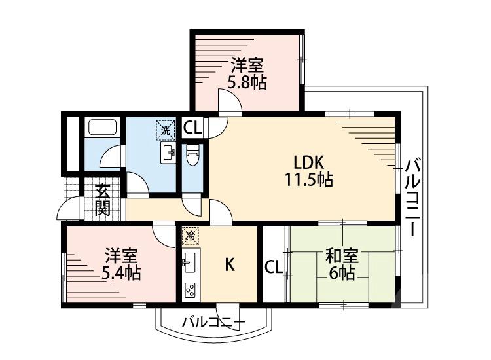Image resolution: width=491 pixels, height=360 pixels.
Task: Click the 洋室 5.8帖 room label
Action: [x=247, y=74]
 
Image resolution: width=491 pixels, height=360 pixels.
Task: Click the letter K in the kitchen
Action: [x=230, y=264]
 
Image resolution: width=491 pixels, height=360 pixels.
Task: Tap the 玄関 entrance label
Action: [x=103, y=200]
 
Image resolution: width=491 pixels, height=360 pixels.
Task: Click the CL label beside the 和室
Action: [x=274, y=266]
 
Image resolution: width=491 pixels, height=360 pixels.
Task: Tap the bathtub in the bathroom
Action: [x=101, y=128]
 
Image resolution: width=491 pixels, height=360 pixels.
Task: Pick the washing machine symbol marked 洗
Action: [x=166, y=130]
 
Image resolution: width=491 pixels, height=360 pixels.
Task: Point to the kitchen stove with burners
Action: [x=191, y=288]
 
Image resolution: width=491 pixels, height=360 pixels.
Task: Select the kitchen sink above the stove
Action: [x=190, y=262]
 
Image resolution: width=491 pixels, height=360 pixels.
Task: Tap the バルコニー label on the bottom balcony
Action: [x=213, y=321]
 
